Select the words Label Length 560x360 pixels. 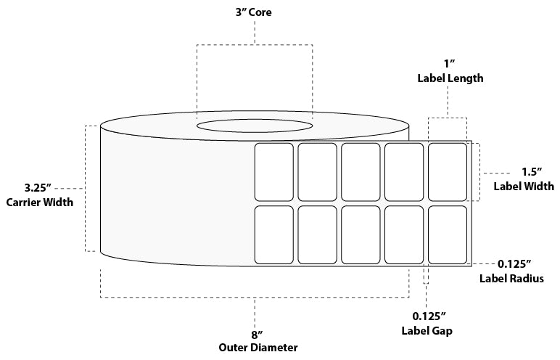pos(450,78)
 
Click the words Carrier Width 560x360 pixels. pos(39,202)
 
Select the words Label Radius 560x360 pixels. pos(511,279)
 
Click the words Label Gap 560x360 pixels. pos(427,331)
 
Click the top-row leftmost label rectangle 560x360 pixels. pos(273,172)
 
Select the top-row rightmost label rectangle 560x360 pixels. pos(448,172)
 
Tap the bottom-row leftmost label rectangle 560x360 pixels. pos(273,235)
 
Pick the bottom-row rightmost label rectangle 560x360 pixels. pos(448,235)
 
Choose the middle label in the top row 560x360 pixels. pos(361,172)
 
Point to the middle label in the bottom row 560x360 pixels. pos(361,235)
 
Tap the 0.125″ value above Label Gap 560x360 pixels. pos(428,316)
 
